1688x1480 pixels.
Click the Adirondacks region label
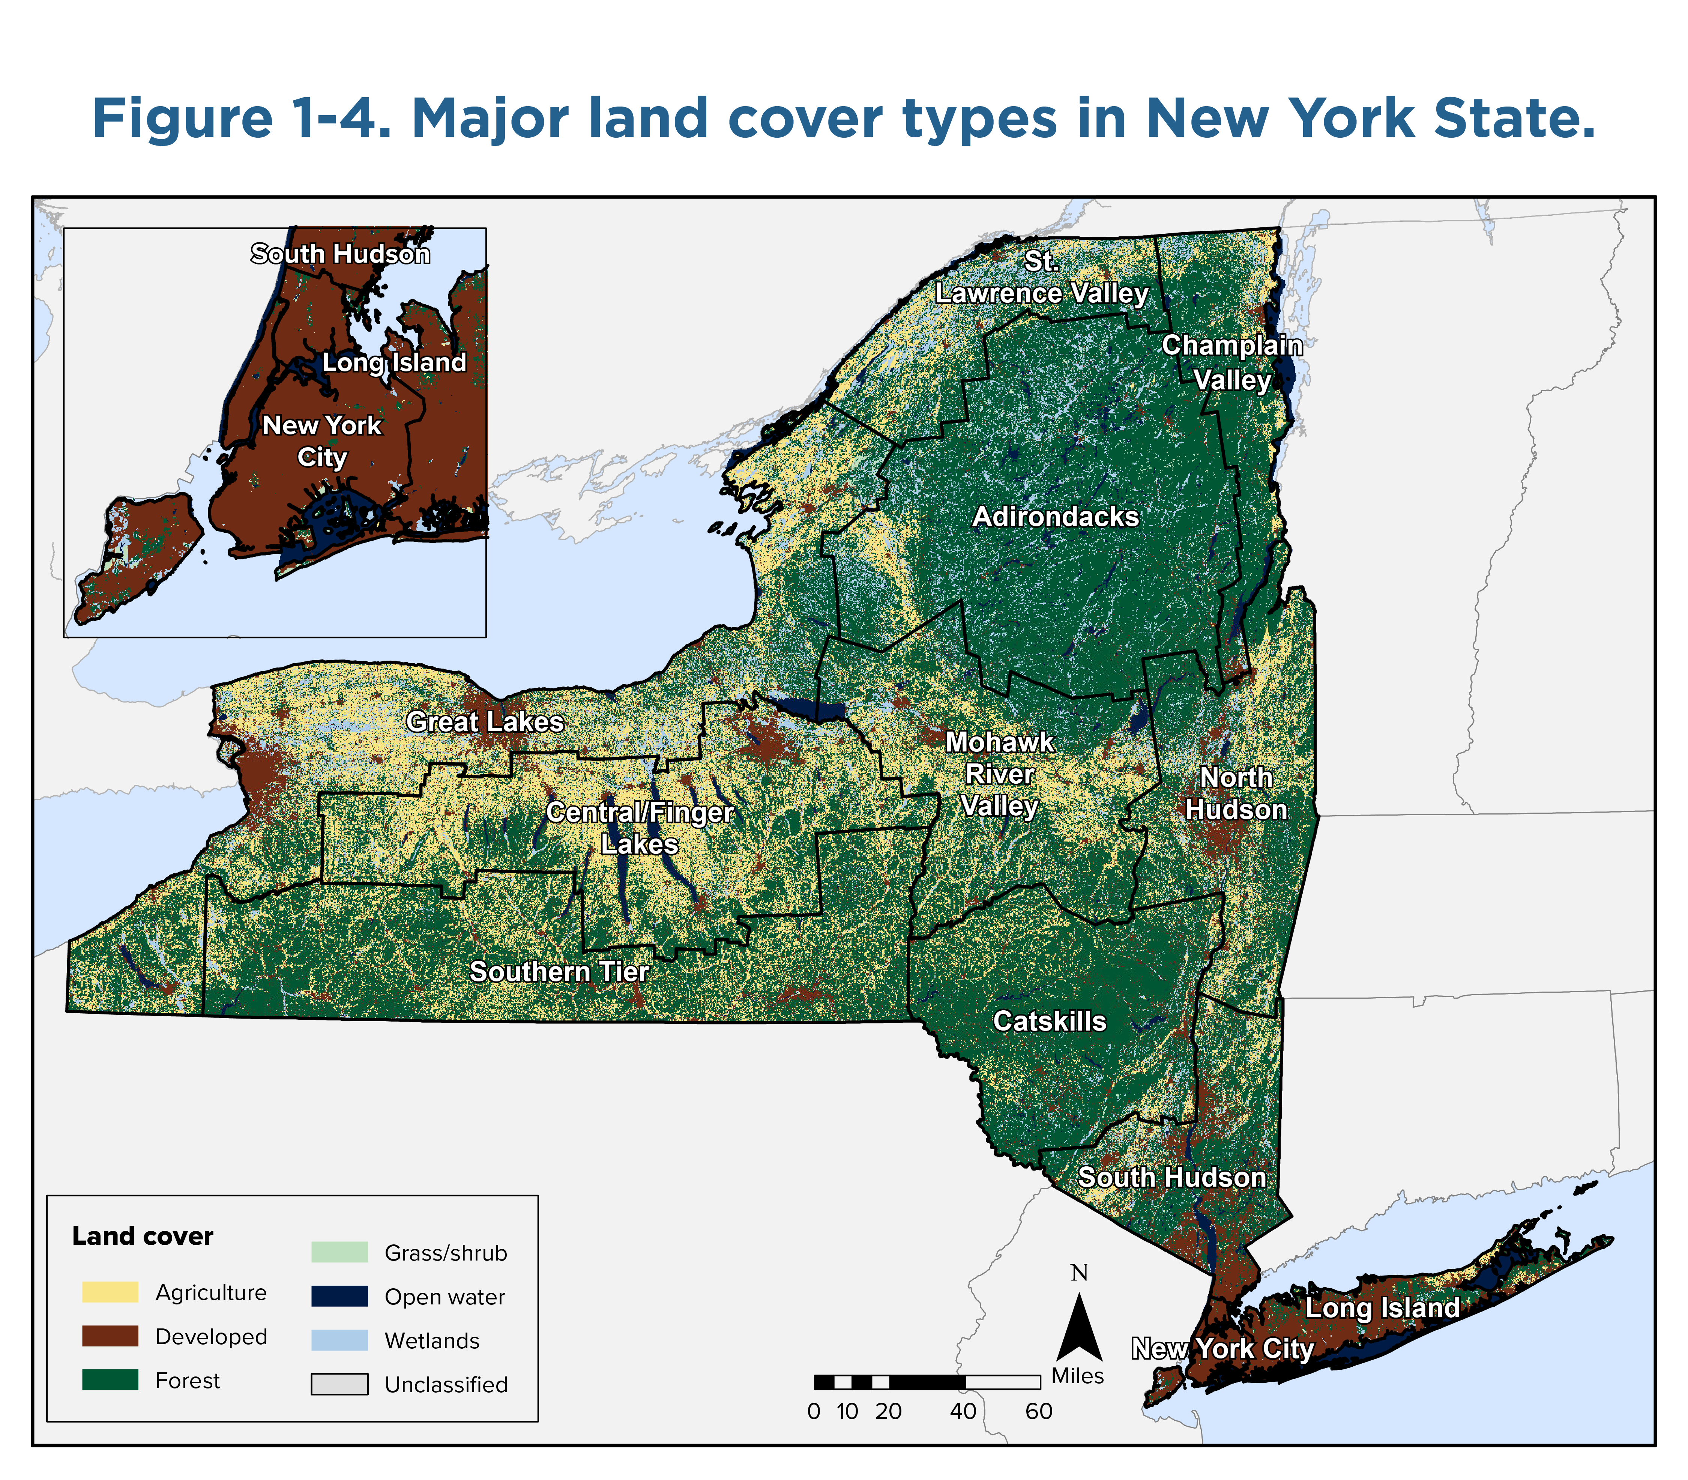[1056, 517]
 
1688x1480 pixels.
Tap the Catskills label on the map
[1049, 1022]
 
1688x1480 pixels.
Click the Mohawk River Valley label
[999, 775]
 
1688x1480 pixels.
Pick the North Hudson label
[1236, 794]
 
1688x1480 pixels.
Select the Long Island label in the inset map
[394, 362]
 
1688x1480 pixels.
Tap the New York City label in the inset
[322, 441]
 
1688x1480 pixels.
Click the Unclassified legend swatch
[339, 1384]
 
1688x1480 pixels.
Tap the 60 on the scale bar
[1039, 1411]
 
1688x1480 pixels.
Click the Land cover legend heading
[143, 1237]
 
